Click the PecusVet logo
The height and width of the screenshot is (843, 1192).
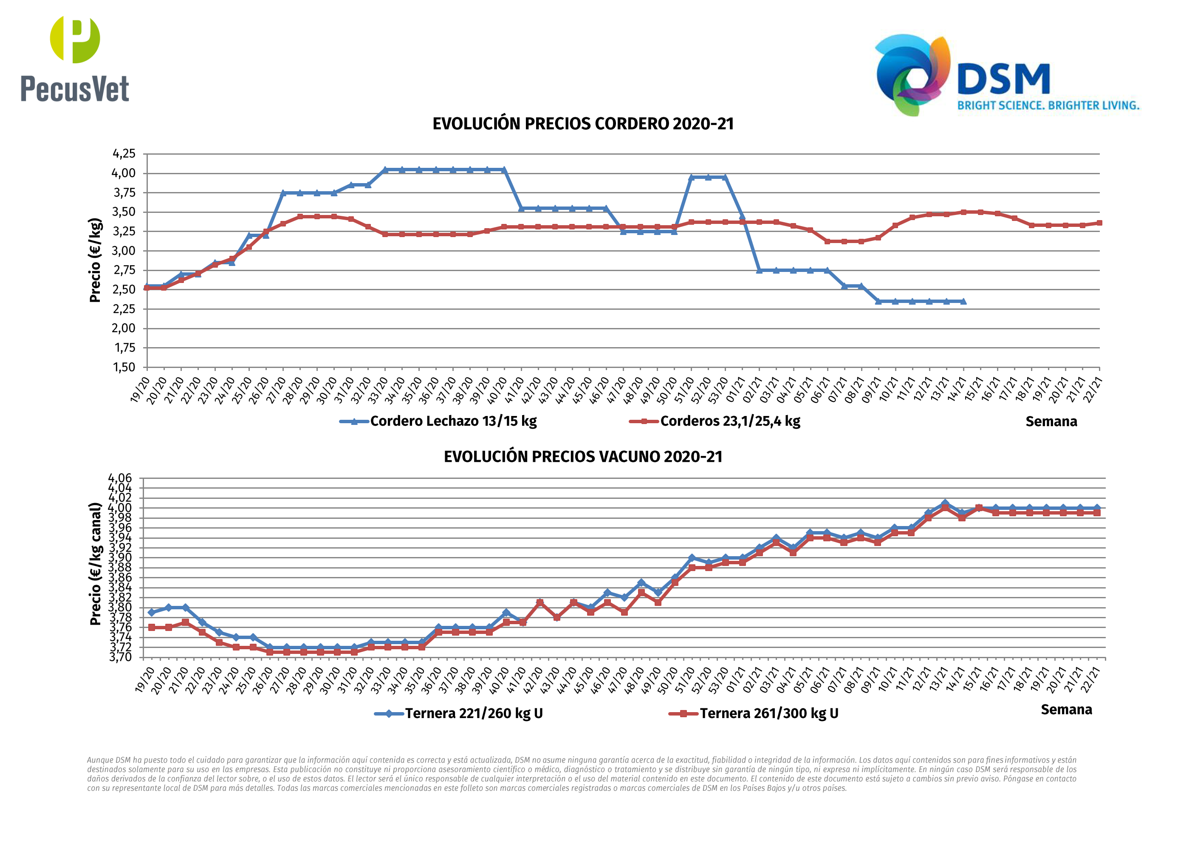75,60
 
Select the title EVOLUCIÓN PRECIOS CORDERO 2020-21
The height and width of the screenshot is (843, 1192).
583,124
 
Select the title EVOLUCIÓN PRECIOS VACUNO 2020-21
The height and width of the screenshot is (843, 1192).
583,457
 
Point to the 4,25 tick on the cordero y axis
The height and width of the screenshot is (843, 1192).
124,154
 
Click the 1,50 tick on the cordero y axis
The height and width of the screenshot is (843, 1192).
124,367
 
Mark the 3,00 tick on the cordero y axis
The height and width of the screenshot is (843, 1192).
124,251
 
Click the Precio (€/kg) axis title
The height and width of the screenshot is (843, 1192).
95,260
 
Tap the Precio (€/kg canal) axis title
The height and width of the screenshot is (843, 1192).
95,563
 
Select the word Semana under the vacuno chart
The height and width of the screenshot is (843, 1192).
1066,710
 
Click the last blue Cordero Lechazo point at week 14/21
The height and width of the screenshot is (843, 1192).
963,301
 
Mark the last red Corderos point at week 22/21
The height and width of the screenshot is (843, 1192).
1099,223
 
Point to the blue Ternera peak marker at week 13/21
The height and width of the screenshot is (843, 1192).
945,504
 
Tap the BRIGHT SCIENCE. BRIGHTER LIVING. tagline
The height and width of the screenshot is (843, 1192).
1048,105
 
